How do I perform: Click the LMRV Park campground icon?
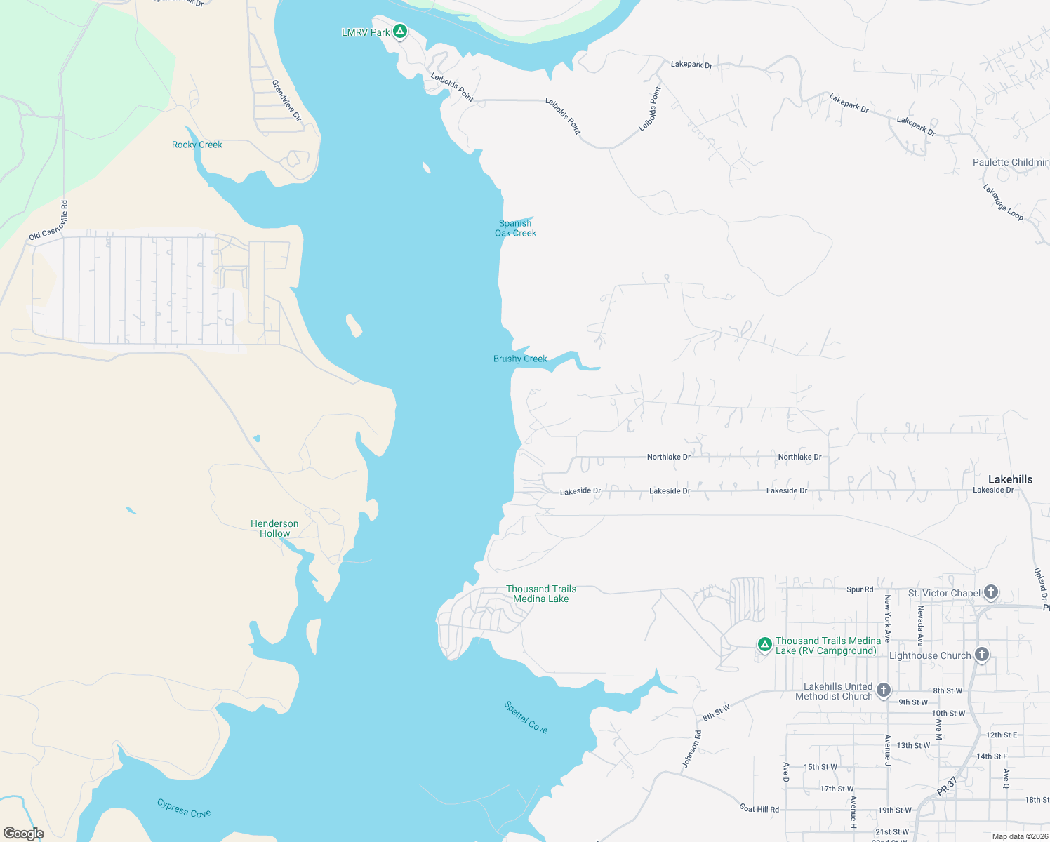[x=400, y=31]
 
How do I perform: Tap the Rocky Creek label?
[x=197, y=145]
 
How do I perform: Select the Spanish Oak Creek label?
[x=515, y=228]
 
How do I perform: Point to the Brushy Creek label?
[x=520, y=359]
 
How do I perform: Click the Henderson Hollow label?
[x=274, y=528]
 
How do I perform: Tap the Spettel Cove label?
[x=526, y=717]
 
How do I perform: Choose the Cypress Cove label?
[x=184, y=808]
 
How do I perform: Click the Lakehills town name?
[x=1010, y=479]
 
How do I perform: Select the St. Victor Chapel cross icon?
[x=990, y=592]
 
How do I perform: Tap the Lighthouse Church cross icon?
[x=981, y=655]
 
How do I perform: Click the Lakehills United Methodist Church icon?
[x=884, y=690]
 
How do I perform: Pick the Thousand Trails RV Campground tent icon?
[x=765, y=644]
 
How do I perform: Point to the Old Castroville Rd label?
[x=49, y=220]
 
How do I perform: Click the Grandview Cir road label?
[x=286, y=100]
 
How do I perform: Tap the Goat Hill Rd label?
[x=759, y=809]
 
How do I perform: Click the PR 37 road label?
[x=947, y=786]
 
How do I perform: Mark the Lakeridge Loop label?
[x=1003, y=202]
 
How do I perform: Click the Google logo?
[x=24, y=834]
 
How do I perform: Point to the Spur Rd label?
[x=860, y=589]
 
